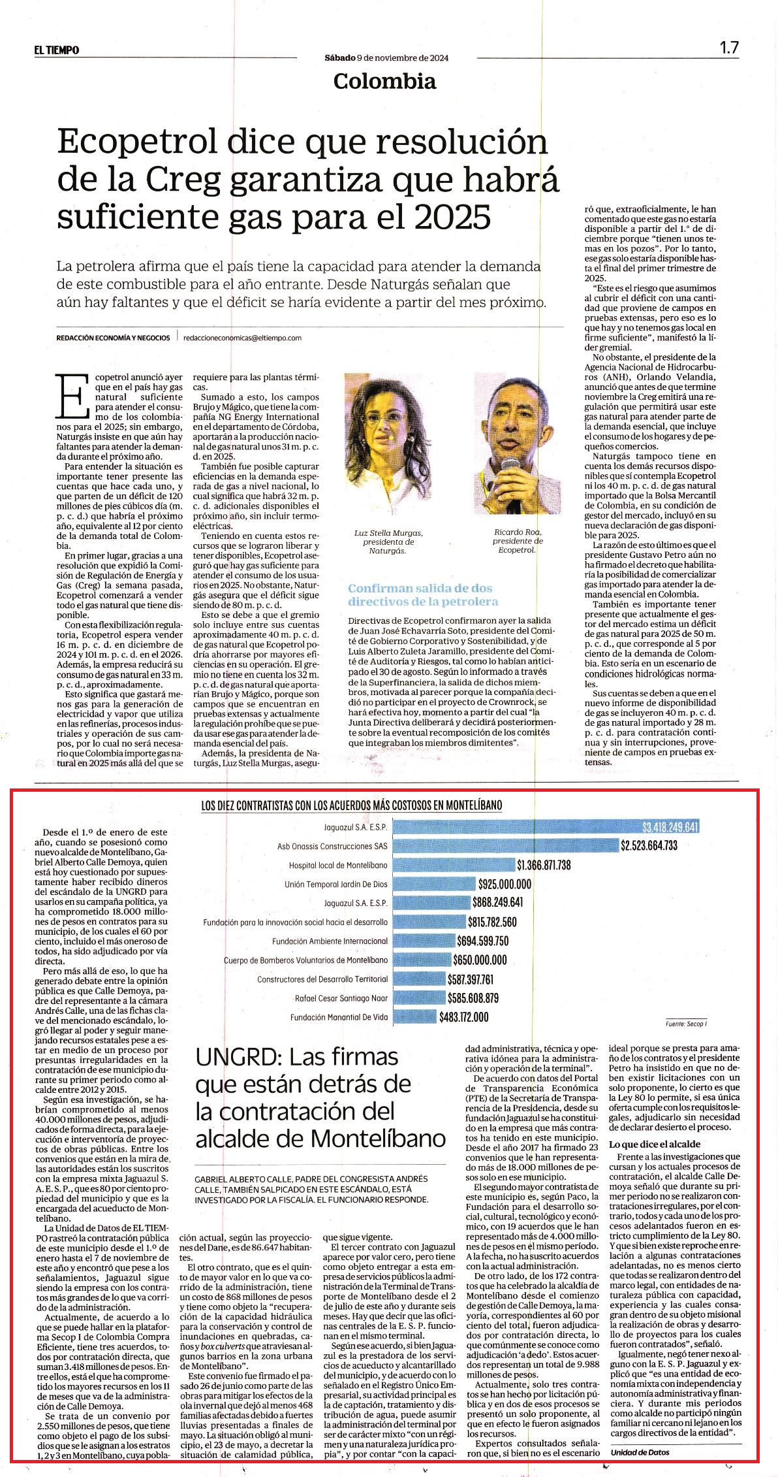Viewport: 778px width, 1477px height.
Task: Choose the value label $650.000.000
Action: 480,960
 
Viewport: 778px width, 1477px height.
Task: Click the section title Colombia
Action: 384,81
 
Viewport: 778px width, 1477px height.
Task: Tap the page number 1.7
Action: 729,48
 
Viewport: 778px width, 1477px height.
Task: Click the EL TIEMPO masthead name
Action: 57,50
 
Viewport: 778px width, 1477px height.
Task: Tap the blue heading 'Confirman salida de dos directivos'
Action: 423,594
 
